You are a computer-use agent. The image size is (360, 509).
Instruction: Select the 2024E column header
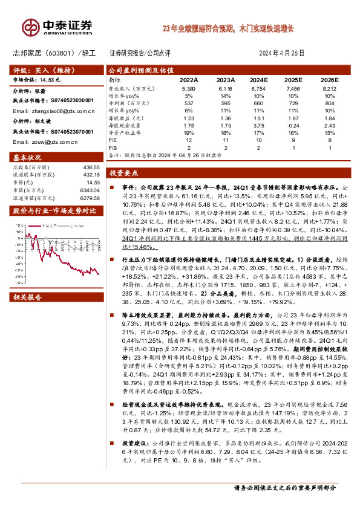pos(258,79)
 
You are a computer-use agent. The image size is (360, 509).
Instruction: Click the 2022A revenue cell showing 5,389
pos(189,89)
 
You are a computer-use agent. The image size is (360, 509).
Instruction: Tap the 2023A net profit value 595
pos(224,103)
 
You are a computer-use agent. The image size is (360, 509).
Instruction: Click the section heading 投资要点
pos(125,173)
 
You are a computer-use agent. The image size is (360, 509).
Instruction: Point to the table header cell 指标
pos(114,79)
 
